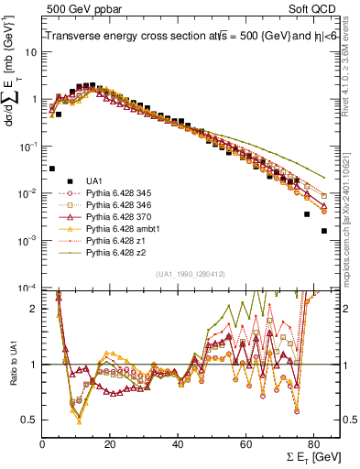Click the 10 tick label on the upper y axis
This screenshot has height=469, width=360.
coord(30,52)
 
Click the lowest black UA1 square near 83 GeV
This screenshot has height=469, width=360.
coord(323,231)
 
